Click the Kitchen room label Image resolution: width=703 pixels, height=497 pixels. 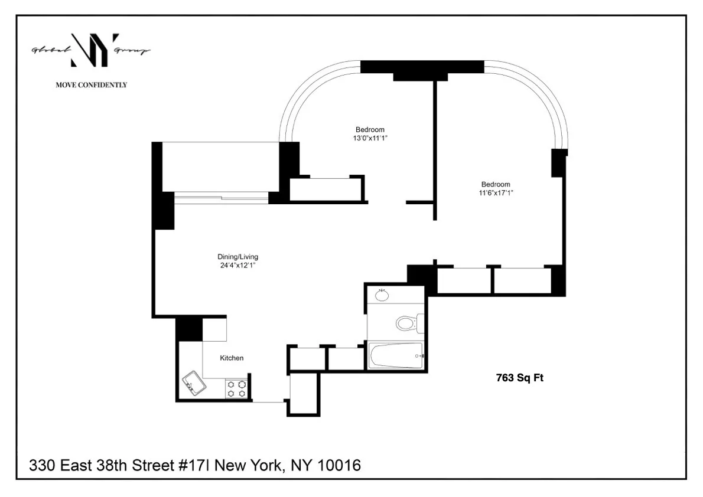(232, 358)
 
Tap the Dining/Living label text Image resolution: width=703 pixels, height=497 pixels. (237, 257)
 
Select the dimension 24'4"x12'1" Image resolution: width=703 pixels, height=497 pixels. (237, 266)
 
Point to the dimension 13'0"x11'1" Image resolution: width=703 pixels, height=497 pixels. (370, 138)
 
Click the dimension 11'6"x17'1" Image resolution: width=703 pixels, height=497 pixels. (496, 192)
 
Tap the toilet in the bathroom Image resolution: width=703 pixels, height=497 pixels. (407, 323)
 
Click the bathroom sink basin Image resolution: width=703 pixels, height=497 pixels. (382, 295)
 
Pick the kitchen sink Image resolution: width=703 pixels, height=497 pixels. (194, 382)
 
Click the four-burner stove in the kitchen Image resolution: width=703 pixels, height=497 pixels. (237, 388)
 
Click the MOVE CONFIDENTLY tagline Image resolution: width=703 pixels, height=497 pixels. (91, 85)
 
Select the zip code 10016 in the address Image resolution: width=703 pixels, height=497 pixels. (339, 466)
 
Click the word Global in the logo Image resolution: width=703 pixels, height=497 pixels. (48, 51)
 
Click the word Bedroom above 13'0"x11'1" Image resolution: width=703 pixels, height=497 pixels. (370, 130)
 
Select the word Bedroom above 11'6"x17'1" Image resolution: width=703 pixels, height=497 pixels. (496, 184)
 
